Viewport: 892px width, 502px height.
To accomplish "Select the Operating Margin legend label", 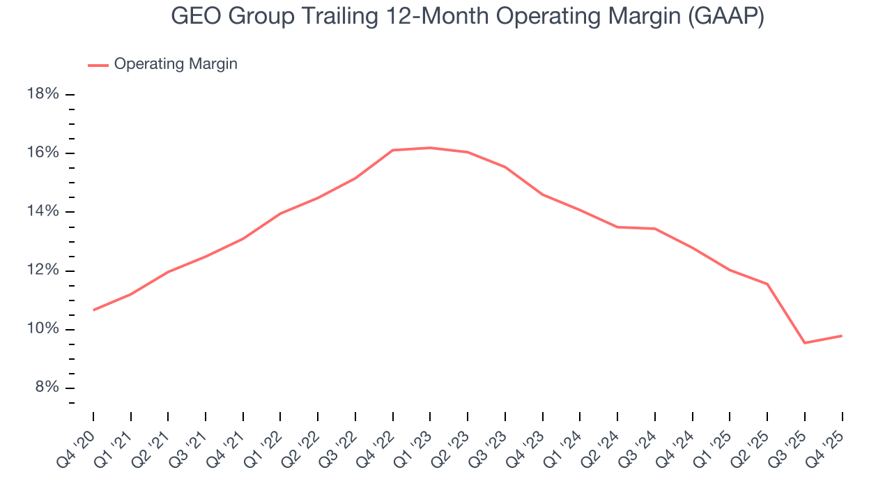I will pyautogui.click(x=176, y=64).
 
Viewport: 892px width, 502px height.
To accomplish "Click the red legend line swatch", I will pyautogui.click(x=98, y=65).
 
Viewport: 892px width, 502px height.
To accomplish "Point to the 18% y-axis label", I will pyautogui.click(x=43, y=93).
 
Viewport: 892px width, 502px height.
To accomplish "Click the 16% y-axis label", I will pyautogui.click(x=43, y=153).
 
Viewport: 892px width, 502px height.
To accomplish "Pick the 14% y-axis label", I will pyautogui.click(x=43, y=211).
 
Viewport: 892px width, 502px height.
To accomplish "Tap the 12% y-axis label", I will pyautogui.click(x=43, y=271).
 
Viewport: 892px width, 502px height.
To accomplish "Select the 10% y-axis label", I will pyautogui.click(x=43, y=329).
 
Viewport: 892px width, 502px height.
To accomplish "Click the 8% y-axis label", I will pyautogui.click(x=46, y=388).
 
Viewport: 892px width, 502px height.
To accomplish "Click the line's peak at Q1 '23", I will pyautogui.click(x=430, y=148).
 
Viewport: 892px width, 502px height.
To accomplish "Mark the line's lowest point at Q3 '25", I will pyautogui.click(x=805, y=343).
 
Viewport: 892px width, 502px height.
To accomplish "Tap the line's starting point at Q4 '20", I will pyautogui.click(x=93, y=310).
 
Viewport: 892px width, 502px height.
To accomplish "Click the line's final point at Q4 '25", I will pyautogui.click(x=842, y=336).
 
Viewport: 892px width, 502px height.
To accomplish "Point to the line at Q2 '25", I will pyautogui.click(x=767, y=284).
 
